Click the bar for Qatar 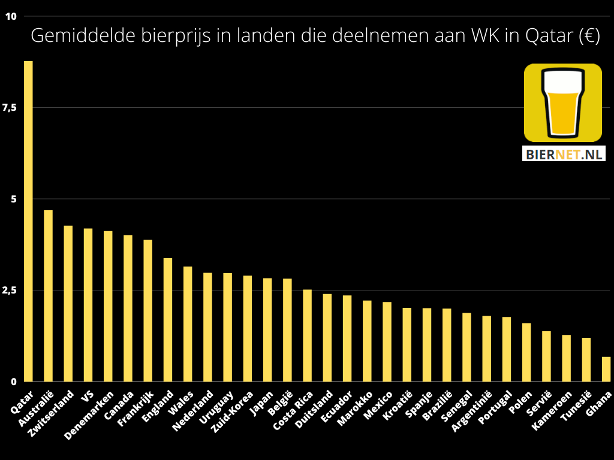point(28,221)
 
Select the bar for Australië point(48,296)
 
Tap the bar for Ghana point(606,369)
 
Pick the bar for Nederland point(207,327)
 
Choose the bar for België point(287,330)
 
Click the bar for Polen point(526,352)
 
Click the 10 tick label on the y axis point(11,16)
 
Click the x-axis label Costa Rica point(293,411)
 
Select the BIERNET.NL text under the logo point(563,155)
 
